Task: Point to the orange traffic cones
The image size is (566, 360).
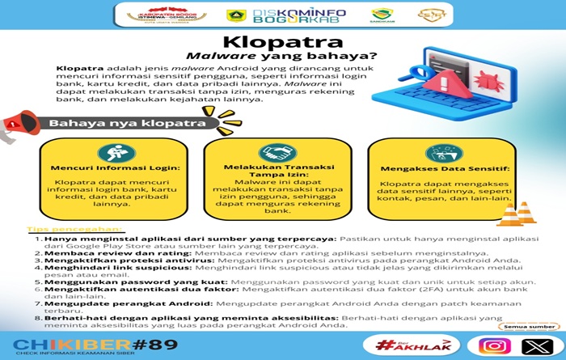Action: coord(515,214)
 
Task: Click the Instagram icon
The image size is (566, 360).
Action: coord(495,345)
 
